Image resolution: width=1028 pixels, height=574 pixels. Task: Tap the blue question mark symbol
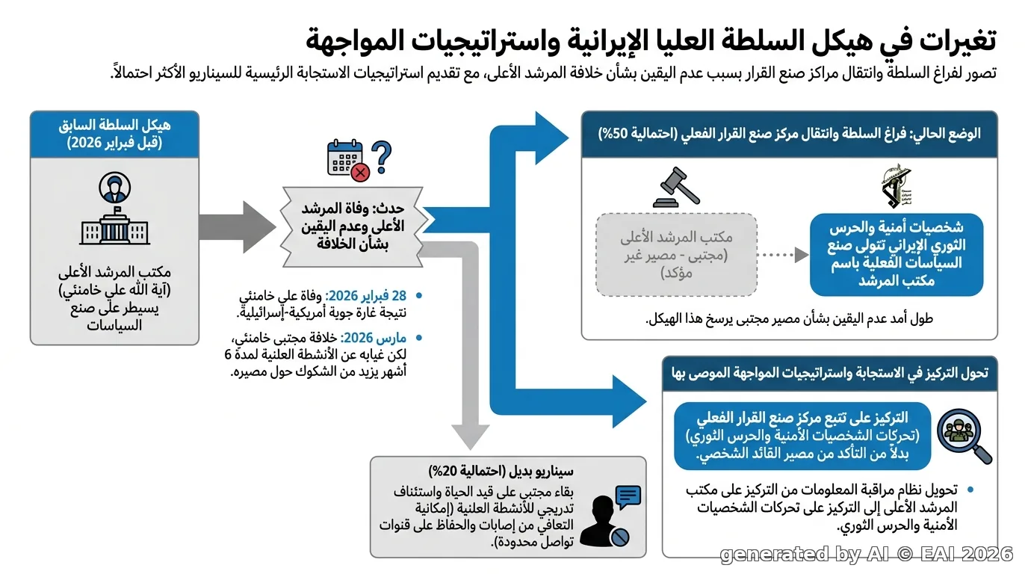381,157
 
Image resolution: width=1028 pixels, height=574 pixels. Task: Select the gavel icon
676,188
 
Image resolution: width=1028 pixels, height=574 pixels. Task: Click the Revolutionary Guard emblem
897,186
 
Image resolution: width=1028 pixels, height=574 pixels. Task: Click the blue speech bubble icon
628,497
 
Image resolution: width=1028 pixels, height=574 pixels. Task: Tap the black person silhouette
602,521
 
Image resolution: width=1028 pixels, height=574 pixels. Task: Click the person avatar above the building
115,188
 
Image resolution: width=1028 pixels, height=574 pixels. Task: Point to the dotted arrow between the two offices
783,255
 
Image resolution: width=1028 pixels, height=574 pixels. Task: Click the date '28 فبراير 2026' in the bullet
366,295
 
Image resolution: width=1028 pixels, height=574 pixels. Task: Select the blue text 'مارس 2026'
373,338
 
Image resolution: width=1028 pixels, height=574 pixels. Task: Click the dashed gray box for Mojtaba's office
676,255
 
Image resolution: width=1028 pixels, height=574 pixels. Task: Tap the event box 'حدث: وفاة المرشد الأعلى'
352,227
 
